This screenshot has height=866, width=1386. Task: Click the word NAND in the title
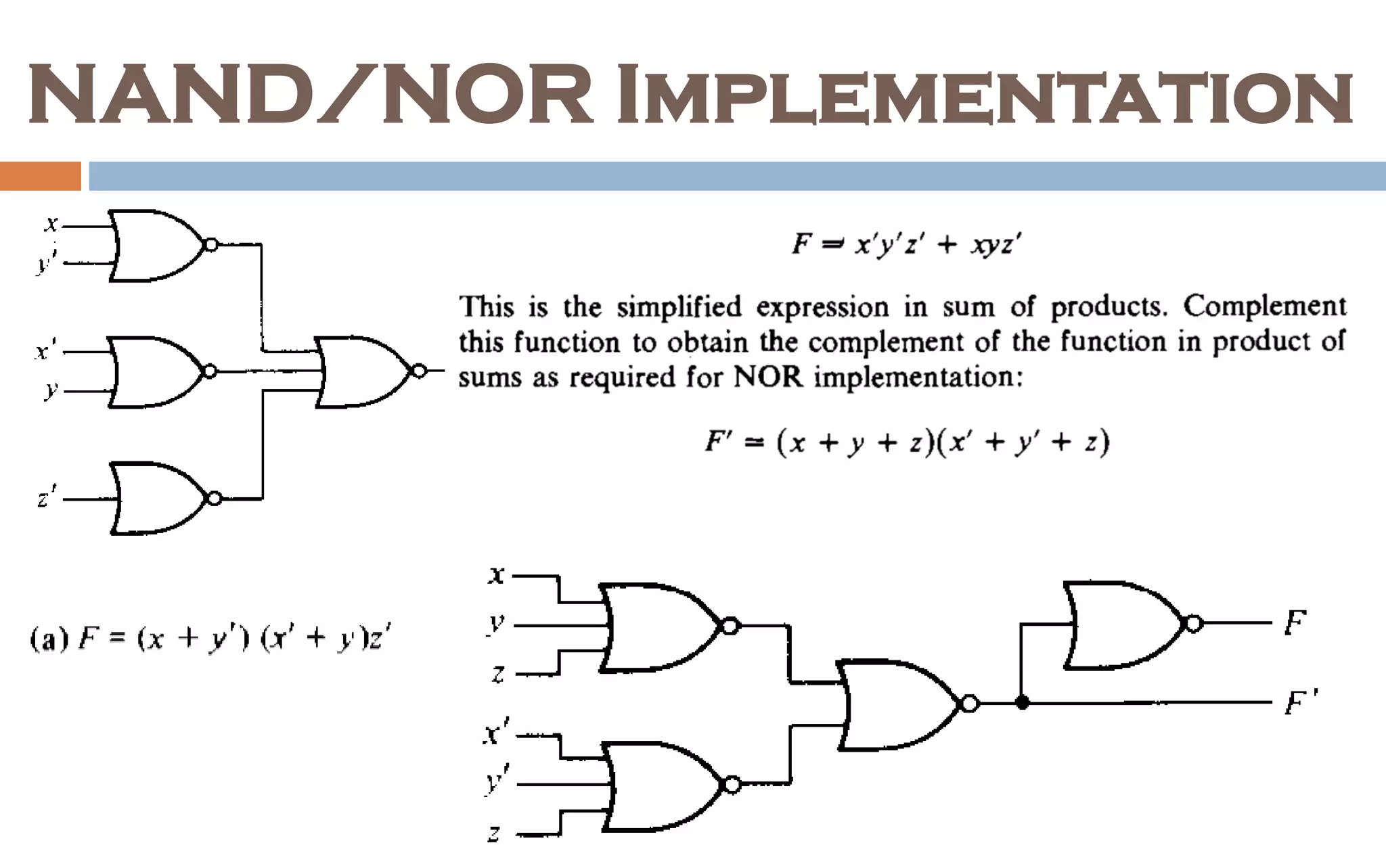coord(166,95)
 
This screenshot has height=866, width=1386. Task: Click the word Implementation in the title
coord(985,95)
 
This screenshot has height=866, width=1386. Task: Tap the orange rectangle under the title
coord(40,176)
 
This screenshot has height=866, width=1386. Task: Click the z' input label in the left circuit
coord(46,497)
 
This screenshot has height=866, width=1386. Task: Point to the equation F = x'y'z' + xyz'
coord(907,244)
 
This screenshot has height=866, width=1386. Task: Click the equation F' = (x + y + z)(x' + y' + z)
coord(907,443)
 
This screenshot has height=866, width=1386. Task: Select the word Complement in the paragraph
coord(1264,306)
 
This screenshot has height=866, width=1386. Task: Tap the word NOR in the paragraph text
coord(767,378)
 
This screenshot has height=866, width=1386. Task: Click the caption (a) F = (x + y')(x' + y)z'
coord(210,638)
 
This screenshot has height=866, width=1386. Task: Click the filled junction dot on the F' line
coord(1022,703)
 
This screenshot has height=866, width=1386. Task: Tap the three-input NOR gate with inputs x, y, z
coord(660,626)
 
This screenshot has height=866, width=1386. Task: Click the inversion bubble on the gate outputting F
coord(1194,624)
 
